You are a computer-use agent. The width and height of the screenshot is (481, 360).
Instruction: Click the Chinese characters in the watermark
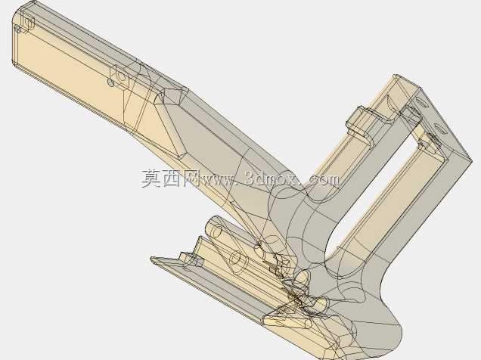tap(170, 178)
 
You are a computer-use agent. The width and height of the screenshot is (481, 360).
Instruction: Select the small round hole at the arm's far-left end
tap(18, 29)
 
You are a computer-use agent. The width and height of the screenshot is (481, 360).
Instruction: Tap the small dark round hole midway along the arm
tap(111, 82)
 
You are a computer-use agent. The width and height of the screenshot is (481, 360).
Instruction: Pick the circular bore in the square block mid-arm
tap(122, 76)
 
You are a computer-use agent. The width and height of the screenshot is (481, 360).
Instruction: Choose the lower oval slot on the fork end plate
tap(439, 128)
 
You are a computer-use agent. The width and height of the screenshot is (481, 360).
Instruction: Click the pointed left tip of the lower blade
tap(151, 259)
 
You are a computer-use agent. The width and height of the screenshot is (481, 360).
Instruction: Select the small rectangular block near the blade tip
tap(192, 259)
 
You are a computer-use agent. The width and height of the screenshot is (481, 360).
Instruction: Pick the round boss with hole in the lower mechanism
tap(237, 261)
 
